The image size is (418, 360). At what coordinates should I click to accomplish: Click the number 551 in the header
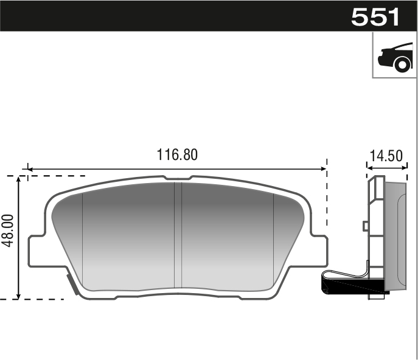(375, 16)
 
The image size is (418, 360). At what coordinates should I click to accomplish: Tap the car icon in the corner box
(394, 56)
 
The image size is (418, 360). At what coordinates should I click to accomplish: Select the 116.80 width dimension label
(178, 154)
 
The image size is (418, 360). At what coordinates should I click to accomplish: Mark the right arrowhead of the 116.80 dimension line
(324, 168)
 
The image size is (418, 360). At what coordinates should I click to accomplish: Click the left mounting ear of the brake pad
(37, 249)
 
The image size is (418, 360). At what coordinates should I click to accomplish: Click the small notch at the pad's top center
(178, 178)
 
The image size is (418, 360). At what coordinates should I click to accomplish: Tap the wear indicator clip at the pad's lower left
(71, 283)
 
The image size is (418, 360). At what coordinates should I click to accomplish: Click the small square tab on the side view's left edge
(365, 226)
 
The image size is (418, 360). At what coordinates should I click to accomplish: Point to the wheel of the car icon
(401, 64)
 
